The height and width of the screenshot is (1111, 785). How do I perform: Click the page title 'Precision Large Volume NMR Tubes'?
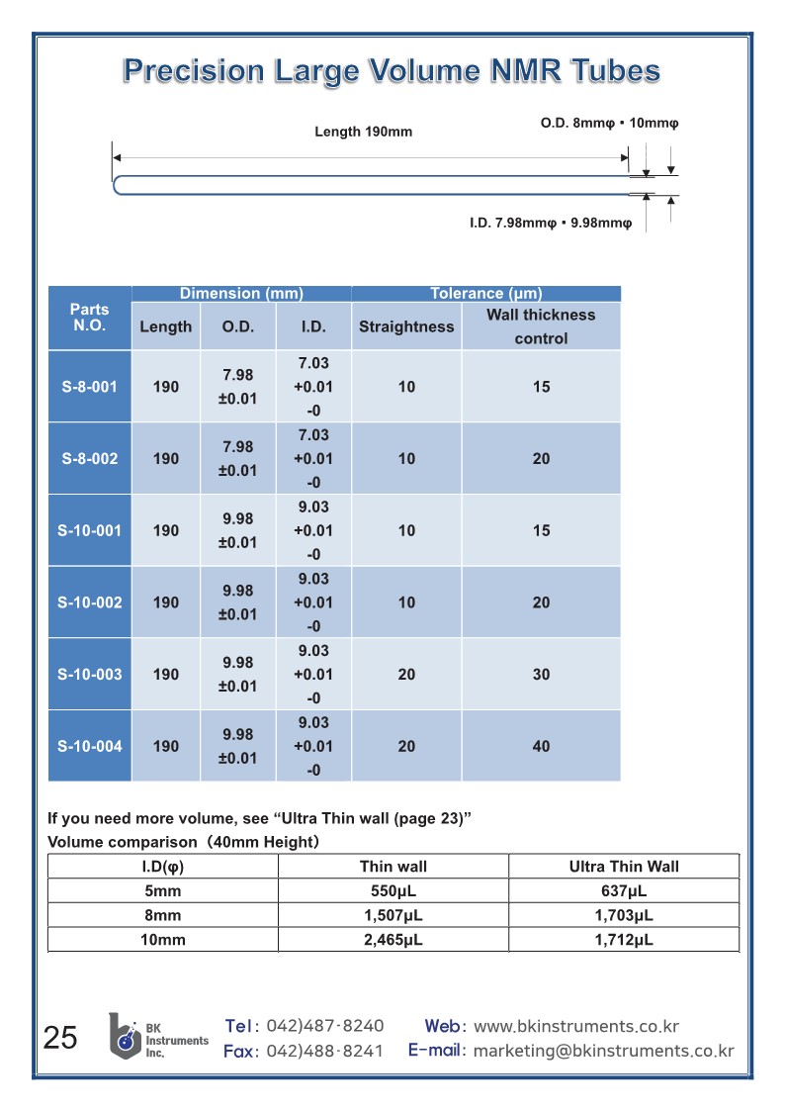coord(392,70)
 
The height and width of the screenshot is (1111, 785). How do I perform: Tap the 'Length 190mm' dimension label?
coord(363,132)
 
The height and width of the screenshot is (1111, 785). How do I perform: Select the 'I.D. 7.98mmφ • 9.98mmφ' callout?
coord(550,224)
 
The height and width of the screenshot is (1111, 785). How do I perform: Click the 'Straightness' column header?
coord(406,326)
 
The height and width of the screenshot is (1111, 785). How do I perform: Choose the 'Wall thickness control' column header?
coord(541,326)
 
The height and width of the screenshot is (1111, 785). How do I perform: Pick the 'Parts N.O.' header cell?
coord(90,318)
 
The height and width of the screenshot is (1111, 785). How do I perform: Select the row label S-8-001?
coord(90,387)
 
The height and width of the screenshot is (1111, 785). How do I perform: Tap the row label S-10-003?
coord(90,675)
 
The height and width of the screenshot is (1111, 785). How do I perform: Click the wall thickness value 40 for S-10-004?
coord(541,747)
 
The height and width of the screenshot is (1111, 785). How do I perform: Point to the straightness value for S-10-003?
coord(406,675)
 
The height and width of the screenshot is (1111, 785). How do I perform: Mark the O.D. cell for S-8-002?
coord(237,459)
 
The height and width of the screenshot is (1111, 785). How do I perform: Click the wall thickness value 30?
coord(541,675)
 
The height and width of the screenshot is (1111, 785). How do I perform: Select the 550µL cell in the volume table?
coord(392,891)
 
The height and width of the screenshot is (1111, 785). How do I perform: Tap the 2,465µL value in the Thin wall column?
coord(392,940)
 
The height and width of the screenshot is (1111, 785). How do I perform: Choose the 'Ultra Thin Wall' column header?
coord(624,867)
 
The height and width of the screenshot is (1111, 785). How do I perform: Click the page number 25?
coord(60,1038)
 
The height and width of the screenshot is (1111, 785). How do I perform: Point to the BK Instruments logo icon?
coord(125,1035)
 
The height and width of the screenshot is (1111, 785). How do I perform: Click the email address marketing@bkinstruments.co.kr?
coord(603,1051)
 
